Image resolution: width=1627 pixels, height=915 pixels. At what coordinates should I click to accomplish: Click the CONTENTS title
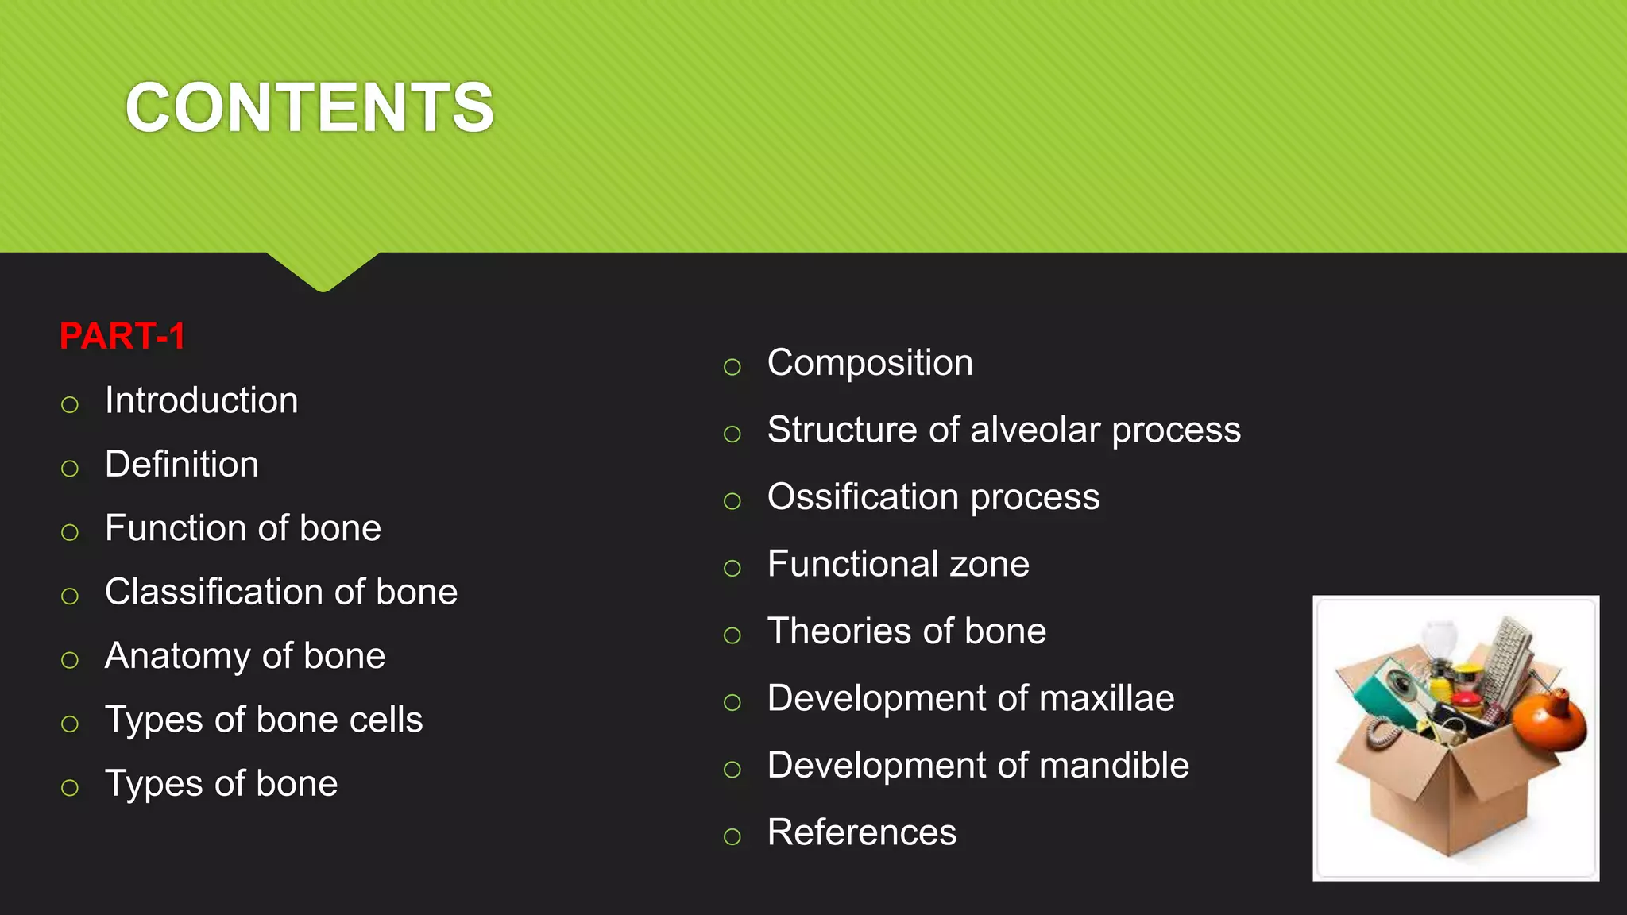(x=310, y=107)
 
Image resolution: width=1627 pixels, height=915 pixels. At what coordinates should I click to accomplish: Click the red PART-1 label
(x=122, y=336)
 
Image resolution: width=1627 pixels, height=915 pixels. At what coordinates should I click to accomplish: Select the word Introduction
(x=202, y=400)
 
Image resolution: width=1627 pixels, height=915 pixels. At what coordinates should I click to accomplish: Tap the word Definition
(x=182, y=464)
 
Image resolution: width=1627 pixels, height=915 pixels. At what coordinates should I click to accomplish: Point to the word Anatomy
(x=177, y=656)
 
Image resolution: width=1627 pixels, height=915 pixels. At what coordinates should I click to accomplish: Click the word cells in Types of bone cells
(x=386, y=720)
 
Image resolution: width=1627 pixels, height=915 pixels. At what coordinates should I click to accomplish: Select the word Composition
(x=870, y=363)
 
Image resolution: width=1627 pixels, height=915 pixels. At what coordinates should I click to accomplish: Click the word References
(x=862, y=832)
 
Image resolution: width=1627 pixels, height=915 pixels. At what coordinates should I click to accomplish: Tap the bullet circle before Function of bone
(x=70, y=531)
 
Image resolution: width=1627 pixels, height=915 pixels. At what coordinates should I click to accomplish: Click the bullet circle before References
(x=732, y=836)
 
